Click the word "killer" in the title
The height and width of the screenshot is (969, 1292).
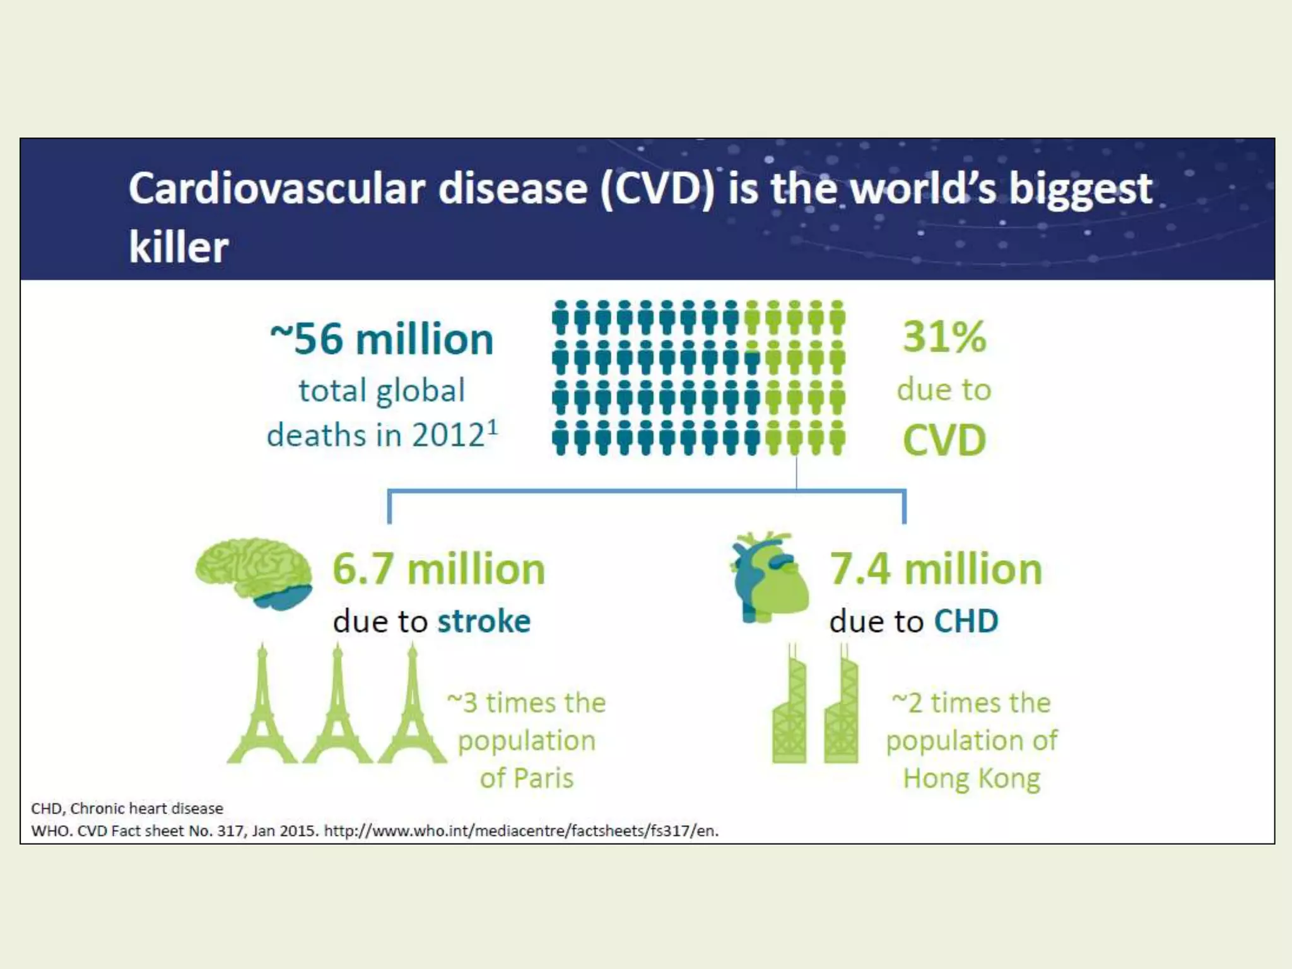[179, 247]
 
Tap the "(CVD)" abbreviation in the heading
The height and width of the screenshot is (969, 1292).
[656, 189]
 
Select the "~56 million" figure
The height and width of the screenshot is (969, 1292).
[382, 339]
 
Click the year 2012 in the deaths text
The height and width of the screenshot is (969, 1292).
[440, 435]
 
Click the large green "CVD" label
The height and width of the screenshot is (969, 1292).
[944, 440]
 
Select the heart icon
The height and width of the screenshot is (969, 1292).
[770, 577]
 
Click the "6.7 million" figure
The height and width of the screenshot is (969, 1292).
[438, 569]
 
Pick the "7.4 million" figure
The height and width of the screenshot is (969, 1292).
[936, 569]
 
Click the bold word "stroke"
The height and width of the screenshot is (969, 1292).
[484, 621]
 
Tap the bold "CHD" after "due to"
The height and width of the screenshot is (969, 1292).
[966, 621]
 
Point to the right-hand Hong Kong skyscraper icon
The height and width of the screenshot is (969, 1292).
[841, 707]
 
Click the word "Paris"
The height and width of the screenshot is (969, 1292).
[543, 778]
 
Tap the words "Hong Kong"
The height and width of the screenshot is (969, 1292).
[972, 778]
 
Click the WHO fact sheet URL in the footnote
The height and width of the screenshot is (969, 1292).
[521, 831]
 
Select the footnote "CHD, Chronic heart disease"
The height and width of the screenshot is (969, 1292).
[127, 808]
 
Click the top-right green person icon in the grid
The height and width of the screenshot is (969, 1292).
[838, 317]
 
